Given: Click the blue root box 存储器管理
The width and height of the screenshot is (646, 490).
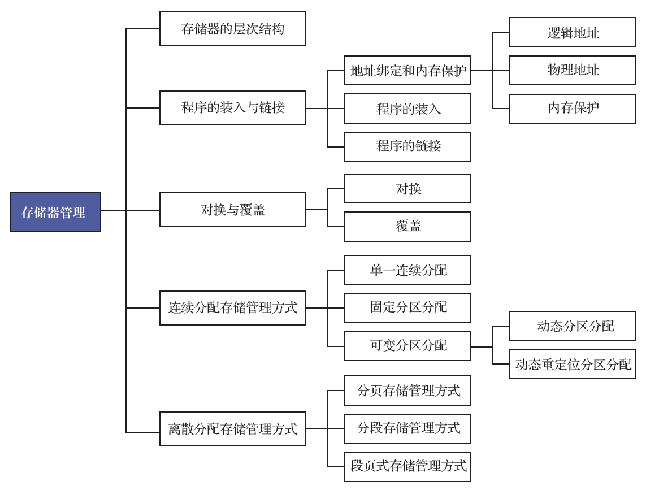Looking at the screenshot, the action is point(55,212).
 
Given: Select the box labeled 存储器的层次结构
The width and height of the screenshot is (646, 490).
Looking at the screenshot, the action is point(233,29).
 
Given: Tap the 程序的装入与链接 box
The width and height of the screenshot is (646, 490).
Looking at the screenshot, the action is point(233,108).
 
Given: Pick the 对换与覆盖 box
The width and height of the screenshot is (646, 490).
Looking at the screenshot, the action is point(233,210).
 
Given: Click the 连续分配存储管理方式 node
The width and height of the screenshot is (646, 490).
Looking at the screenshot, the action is point(233,308).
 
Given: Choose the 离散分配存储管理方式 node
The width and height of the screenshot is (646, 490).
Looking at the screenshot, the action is point(233,428).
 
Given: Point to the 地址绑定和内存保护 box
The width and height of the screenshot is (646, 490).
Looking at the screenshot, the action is point(408,71).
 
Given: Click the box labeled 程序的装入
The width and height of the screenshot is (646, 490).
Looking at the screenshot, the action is point(408,109).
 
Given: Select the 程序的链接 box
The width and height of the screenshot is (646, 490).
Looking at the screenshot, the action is point(408,146).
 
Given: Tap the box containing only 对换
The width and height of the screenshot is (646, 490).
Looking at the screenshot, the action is point(408,188).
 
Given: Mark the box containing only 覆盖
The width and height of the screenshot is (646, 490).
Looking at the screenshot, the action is point(408,226).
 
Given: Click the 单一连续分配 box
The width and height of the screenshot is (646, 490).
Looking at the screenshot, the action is point(408,270).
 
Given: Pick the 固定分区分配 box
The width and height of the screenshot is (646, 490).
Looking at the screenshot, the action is point(408,308).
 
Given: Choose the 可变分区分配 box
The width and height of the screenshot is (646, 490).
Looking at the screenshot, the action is point(408,346).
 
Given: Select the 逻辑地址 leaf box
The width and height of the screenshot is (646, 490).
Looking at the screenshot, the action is point(573,32).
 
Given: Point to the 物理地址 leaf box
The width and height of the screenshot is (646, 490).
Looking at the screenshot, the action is point(573,71).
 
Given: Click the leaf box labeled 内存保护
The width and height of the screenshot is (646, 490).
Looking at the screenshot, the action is point(573,109).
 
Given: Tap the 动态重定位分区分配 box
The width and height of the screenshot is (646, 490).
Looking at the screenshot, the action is point(573,365).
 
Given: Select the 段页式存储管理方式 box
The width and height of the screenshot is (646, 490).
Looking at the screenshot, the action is point(408,467).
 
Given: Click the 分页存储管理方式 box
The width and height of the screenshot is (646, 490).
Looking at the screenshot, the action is point(408,391).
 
